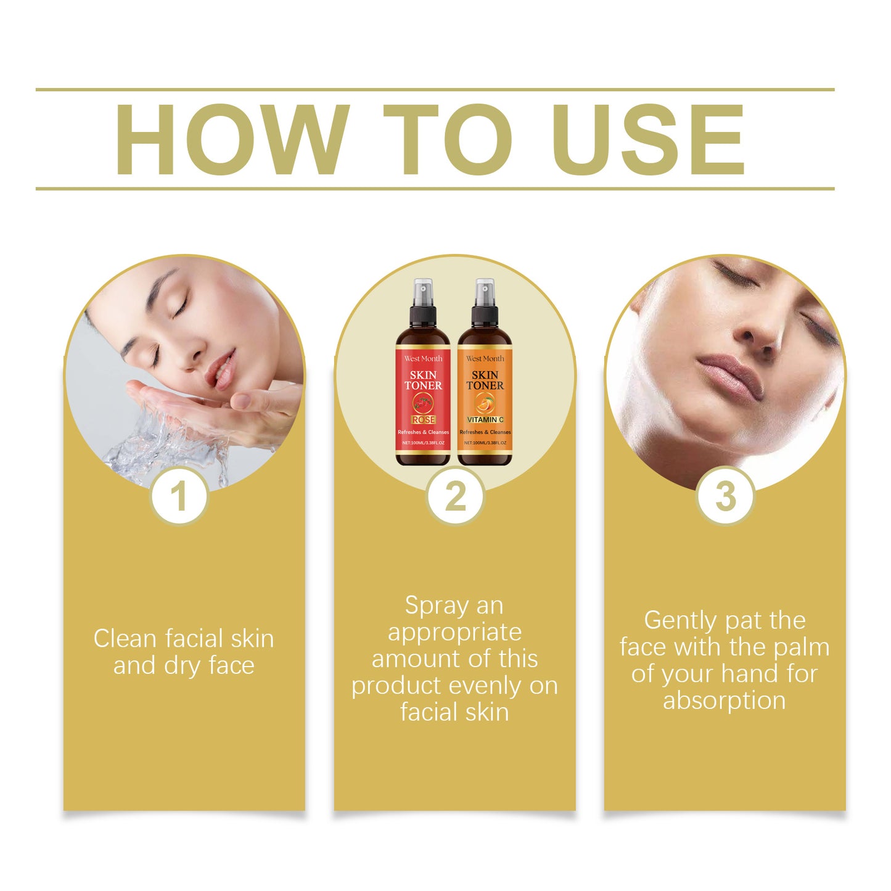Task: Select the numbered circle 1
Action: tap(179, 496)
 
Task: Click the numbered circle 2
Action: tap(455, 496)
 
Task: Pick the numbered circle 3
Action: tap(725, 496)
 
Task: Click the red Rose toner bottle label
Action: tap(423, 401)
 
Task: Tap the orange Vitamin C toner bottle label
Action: tap(485, 401)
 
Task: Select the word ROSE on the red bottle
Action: tap(424, 420)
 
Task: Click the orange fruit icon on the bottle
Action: tap(485, 404)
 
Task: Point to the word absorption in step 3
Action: tap(725, 700)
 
